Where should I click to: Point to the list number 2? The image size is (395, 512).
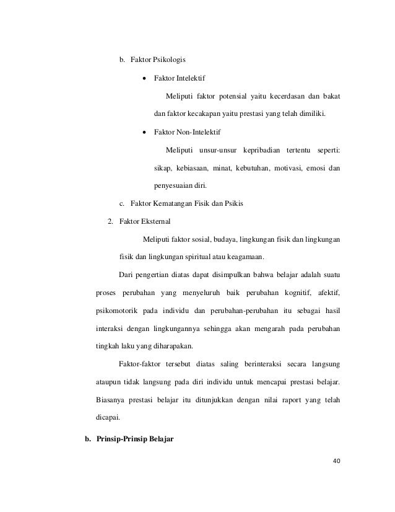click(x=110, y=221)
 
